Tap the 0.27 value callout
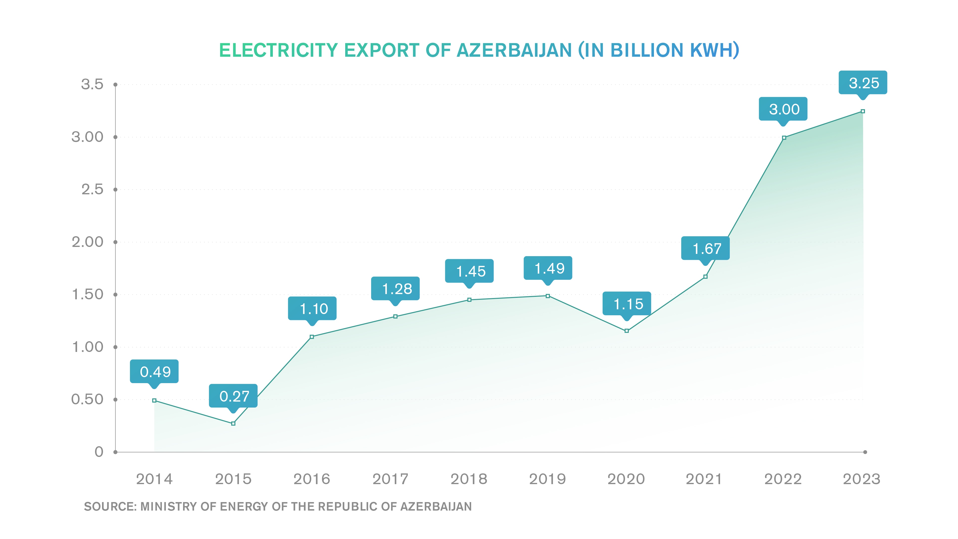point(233,396)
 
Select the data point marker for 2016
point(312,337)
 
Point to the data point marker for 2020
point(627,331)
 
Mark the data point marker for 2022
point(784,138)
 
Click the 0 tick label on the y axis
point(99,452)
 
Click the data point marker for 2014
point(154,400)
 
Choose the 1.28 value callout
point(395,288)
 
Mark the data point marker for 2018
point(469,300)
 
